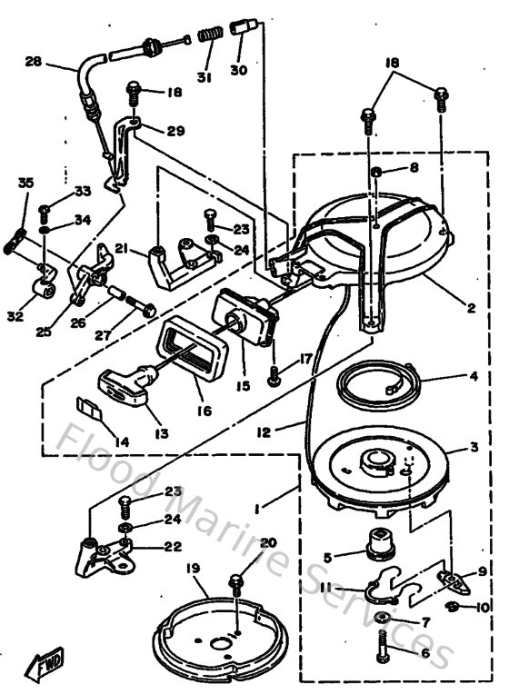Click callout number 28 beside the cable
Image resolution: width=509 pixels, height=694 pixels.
coord(34,63)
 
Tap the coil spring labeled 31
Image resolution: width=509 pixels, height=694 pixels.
coord(210,37)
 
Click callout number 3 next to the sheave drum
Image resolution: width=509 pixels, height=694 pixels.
coord(473,448)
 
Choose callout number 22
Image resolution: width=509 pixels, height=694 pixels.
coord(173,547)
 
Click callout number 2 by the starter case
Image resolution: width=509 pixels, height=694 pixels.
coord(471,309)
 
